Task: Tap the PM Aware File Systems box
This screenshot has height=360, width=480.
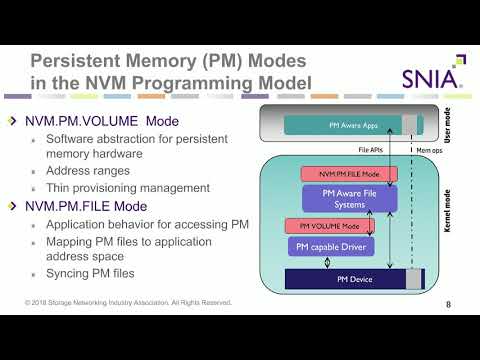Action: (342, 197)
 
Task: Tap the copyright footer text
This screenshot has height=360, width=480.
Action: (129, 302)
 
